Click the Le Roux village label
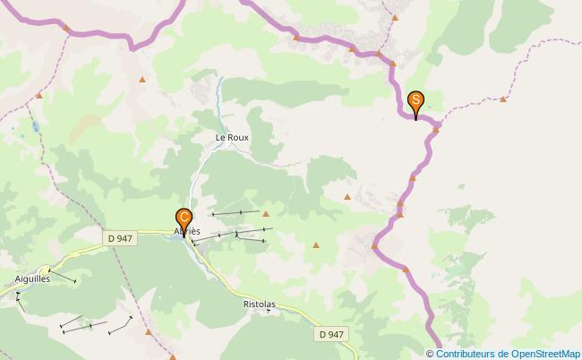[x=232, y=137]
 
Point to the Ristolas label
[x=259, y=304]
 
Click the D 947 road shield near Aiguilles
[x=119, y=238]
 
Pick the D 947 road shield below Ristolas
[x=330, y=334]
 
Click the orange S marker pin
[x=415, y=101]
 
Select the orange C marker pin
[x=184, y=218]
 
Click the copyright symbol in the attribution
[x=431, y=354]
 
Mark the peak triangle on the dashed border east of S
[x=502, y=99]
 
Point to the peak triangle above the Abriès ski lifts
[x=265, y=213]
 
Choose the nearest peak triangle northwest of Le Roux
[x=142, y=81]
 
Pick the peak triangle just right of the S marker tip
[x=436, y=129]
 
